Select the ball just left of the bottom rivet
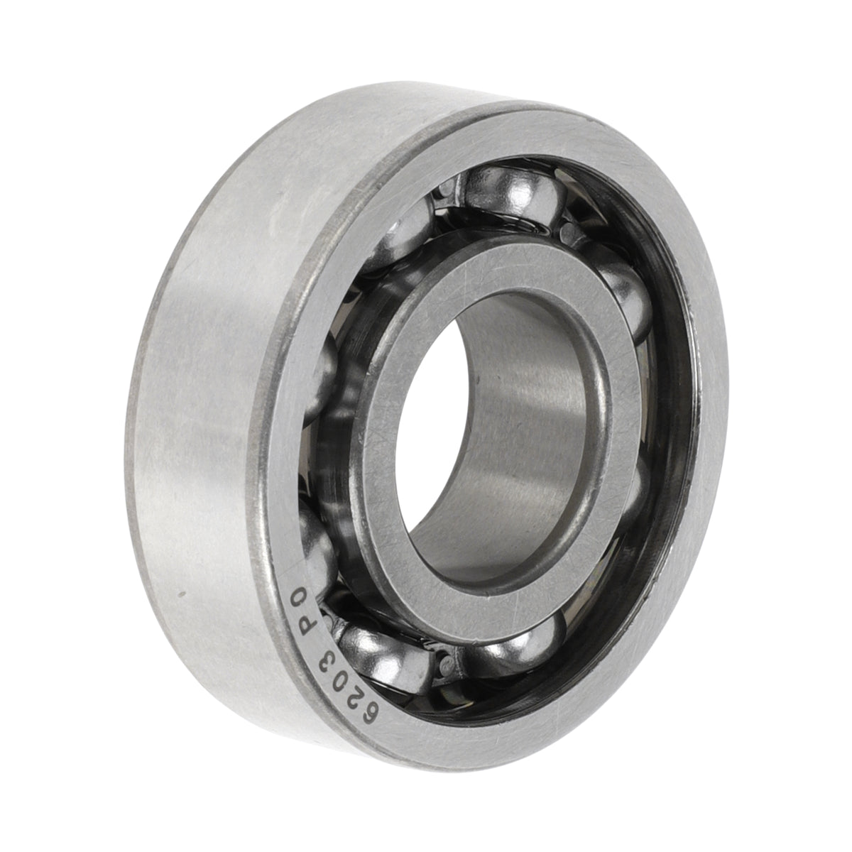[x=385, y=658]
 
